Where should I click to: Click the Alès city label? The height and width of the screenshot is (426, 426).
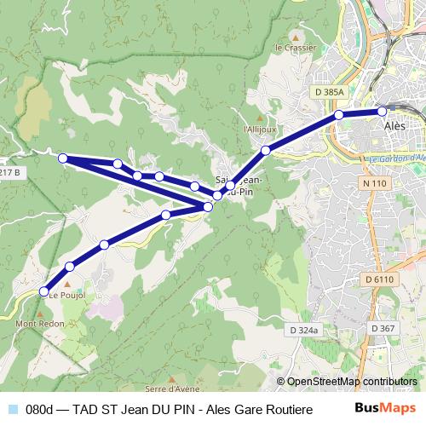[x=388, y=124]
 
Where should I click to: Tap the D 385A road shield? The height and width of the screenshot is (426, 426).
[x=328, y=92]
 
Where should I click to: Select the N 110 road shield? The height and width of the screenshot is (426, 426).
[x=374, y=183]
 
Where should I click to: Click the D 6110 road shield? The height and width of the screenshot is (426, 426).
[x=380, y=279]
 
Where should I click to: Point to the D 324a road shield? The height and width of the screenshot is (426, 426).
[x=303, y=329]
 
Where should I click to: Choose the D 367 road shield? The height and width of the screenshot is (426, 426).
[x=384, y=328]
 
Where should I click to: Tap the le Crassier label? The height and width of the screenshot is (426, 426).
[x=296, y=48]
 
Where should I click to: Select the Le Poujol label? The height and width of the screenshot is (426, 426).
[x=64, y=296]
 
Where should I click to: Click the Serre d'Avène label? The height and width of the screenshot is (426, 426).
[x=168, y=389]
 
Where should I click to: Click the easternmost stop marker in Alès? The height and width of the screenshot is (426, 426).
[x=382, y=111]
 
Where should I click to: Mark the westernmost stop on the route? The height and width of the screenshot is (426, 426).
[x=62, y=158]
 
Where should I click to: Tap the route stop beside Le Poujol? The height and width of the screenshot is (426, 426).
[x=44, y=291]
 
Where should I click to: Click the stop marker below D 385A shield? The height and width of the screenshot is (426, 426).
[x=339, y=114]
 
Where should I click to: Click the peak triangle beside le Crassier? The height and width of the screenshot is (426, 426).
[x=296, y=37]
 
